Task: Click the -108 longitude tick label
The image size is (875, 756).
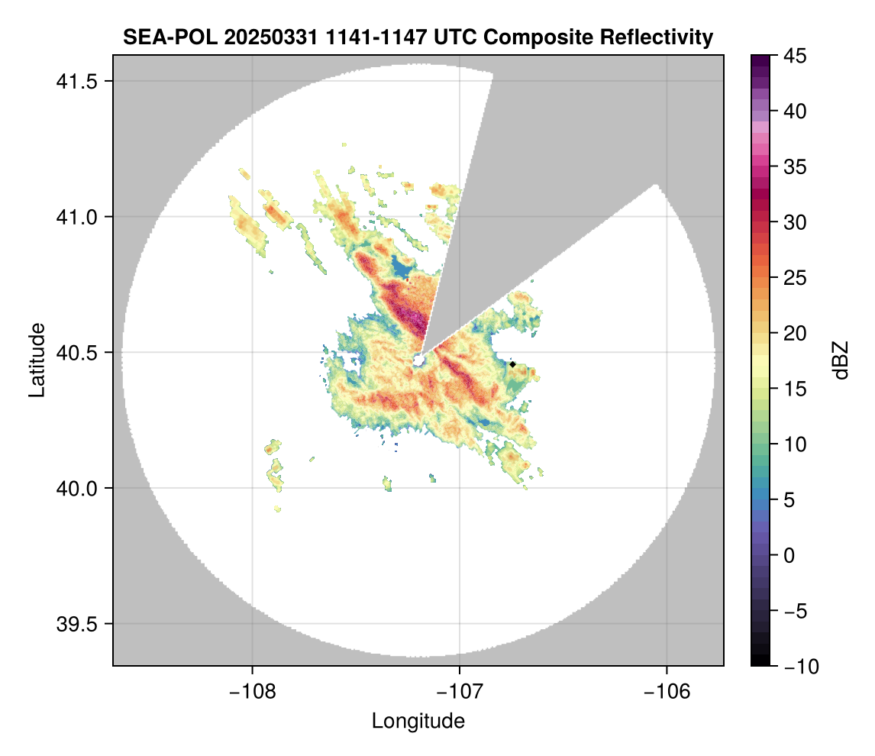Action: point(252,691)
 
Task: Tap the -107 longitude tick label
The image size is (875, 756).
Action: point(460,691)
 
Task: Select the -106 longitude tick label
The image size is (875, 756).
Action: point(667,691)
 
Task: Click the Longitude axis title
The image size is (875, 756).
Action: point(418,720)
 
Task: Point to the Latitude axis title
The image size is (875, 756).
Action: point(37,360)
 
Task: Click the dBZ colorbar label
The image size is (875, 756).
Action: point(841,360)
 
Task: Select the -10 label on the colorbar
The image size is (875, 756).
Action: point(798,667)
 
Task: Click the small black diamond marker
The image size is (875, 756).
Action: point(512,364)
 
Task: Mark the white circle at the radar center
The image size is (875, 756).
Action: point(418,360)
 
